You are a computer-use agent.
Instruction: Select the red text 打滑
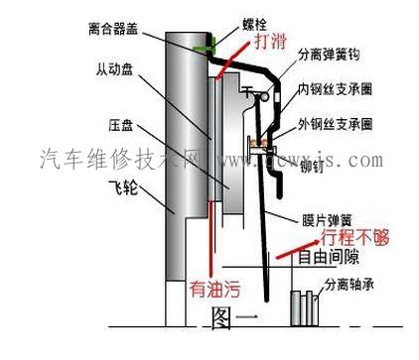(272, 43)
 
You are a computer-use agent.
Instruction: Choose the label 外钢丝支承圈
(336, 125)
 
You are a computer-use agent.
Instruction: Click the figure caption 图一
(235, 318)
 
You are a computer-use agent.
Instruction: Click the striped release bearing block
(300, 306)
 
